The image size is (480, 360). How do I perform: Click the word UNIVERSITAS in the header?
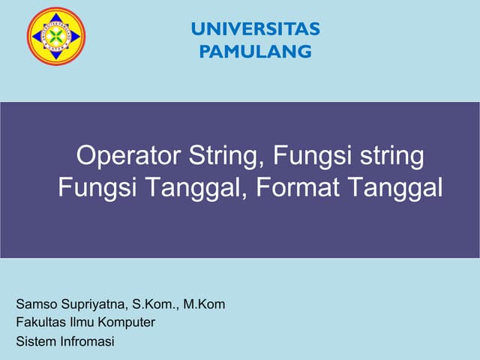[255, 29]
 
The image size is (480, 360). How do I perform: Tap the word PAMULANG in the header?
[255, 52]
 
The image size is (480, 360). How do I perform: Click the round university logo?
[56, 36]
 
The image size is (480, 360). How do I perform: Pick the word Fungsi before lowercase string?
[307, 157]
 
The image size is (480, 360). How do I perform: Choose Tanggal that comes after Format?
[395, 187]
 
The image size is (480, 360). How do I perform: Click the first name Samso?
[35, 304]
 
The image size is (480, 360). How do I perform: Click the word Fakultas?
[40, 323]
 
